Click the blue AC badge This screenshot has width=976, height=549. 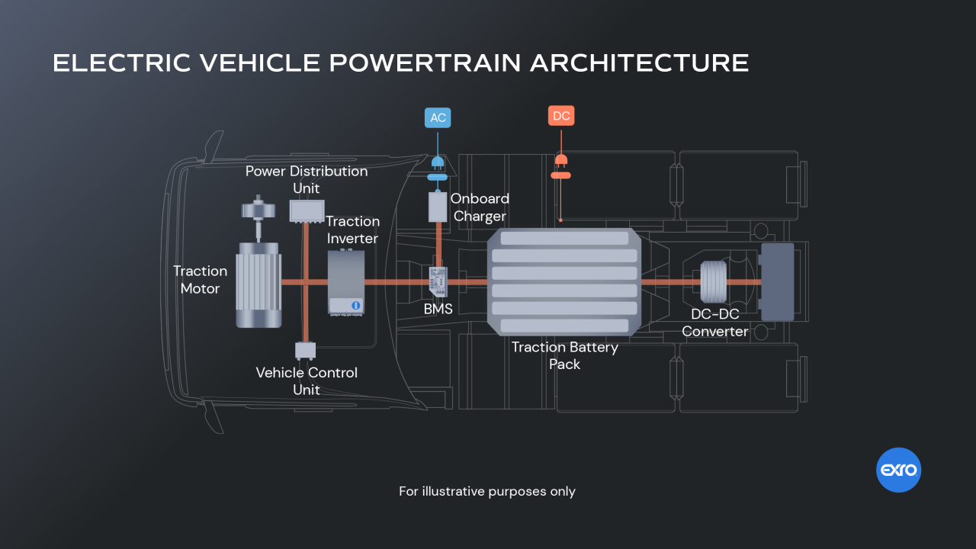click(x=438, y=117)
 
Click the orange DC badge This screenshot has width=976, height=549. click(x=561, y=116)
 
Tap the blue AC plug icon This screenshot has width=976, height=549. click(x=437, y=162)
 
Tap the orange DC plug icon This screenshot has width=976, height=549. click(x=561, y=160)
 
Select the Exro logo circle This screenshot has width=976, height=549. click(x=899, y=470)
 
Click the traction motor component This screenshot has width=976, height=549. click(x=258, y=284)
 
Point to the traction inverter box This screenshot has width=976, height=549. click(x=346, y=281)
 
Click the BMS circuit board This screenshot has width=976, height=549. click(x=438, y=281)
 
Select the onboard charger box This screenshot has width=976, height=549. click(x=437, y=207)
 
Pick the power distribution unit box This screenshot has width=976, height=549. click(x=307, y=210)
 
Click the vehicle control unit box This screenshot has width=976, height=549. click(x=305, y=350)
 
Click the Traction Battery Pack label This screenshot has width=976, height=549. click(x=564, y=355)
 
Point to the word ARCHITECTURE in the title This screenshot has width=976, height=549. click(x=639, y=63)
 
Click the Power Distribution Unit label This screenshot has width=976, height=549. click(x=307, y=179)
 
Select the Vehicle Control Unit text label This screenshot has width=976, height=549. click(x=307, y=380)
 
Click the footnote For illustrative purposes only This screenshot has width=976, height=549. click(x=487, y=491)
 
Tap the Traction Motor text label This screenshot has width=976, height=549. click(x=200, y=280)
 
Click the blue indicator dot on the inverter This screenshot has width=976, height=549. click(x=355, y=305)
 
